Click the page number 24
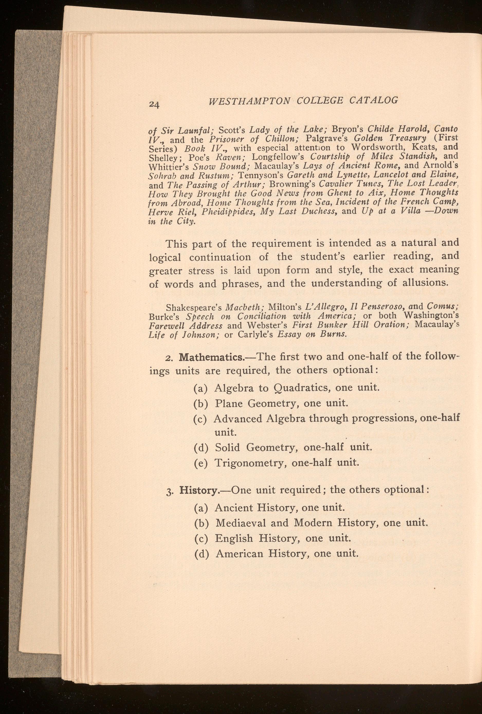[154, 104]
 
